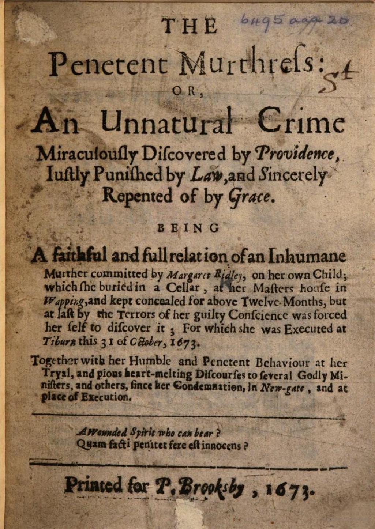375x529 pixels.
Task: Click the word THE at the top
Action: pyautogui.click(x=189, y=26)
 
